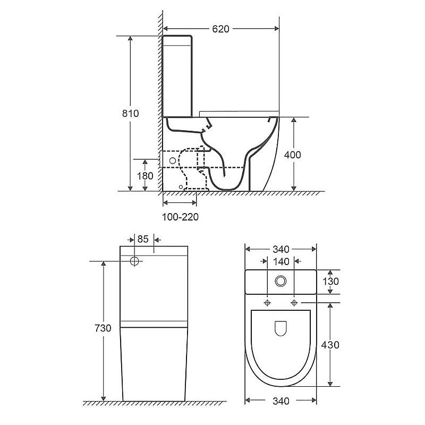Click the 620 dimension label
220,29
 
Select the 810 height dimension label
130,113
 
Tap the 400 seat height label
293,155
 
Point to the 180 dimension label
145,176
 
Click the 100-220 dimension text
180,217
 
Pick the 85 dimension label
143,239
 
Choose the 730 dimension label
103,328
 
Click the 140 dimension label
281,261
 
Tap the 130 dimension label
330,282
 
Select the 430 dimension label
330,345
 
